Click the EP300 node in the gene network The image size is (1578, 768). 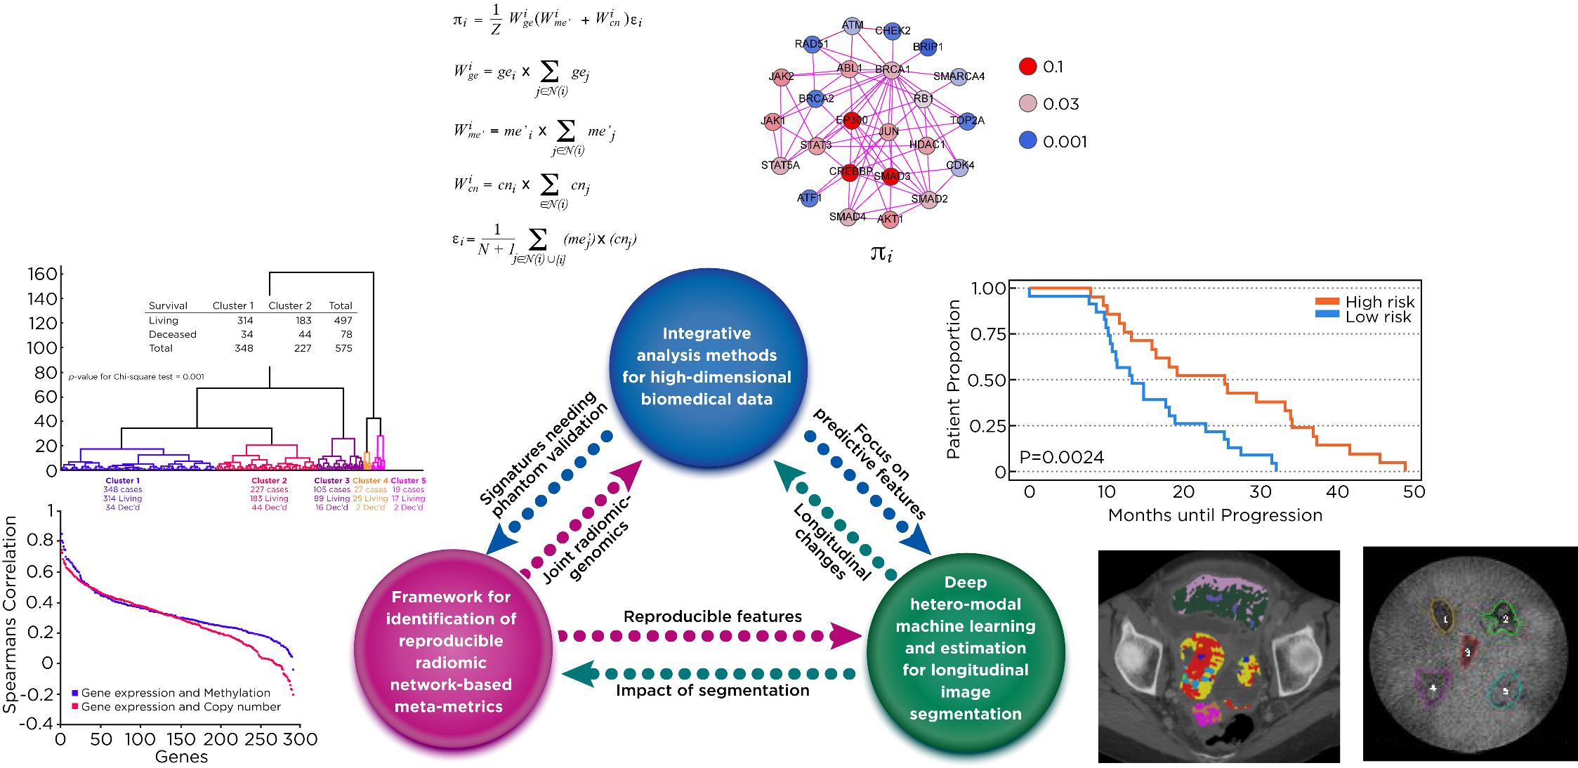(x=852, y=121)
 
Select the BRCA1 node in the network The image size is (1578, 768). (x=892, y=69)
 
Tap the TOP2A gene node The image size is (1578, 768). (x=967, y=121)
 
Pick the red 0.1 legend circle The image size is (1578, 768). (x=1027, y=67)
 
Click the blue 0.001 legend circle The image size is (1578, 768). (x=1027, y=142)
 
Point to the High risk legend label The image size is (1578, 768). (x=1379, y=302)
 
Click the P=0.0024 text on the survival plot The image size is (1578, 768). (x=1062, y=458)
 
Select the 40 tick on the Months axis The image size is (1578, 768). (x=1338, y=491)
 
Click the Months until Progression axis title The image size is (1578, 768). (x=1215, y=515)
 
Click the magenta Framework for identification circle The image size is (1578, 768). (x=453, y=651)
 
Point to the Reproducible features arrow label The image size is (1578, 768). (x=712, y=616)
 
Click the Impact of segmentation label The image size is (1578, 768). (x=712, y=690)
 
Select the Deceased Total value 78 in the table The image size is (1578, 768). (x=344, y=334)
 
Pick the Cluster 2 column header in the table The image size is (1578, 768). (x=289, y=305)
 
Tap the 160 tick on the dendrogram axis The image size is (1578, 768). (x=41, y=274)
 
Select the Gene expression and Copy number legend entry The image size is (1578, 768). (x=180, y=707)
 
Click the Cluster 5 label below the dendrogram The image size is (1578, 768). (x=408, y=481)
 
